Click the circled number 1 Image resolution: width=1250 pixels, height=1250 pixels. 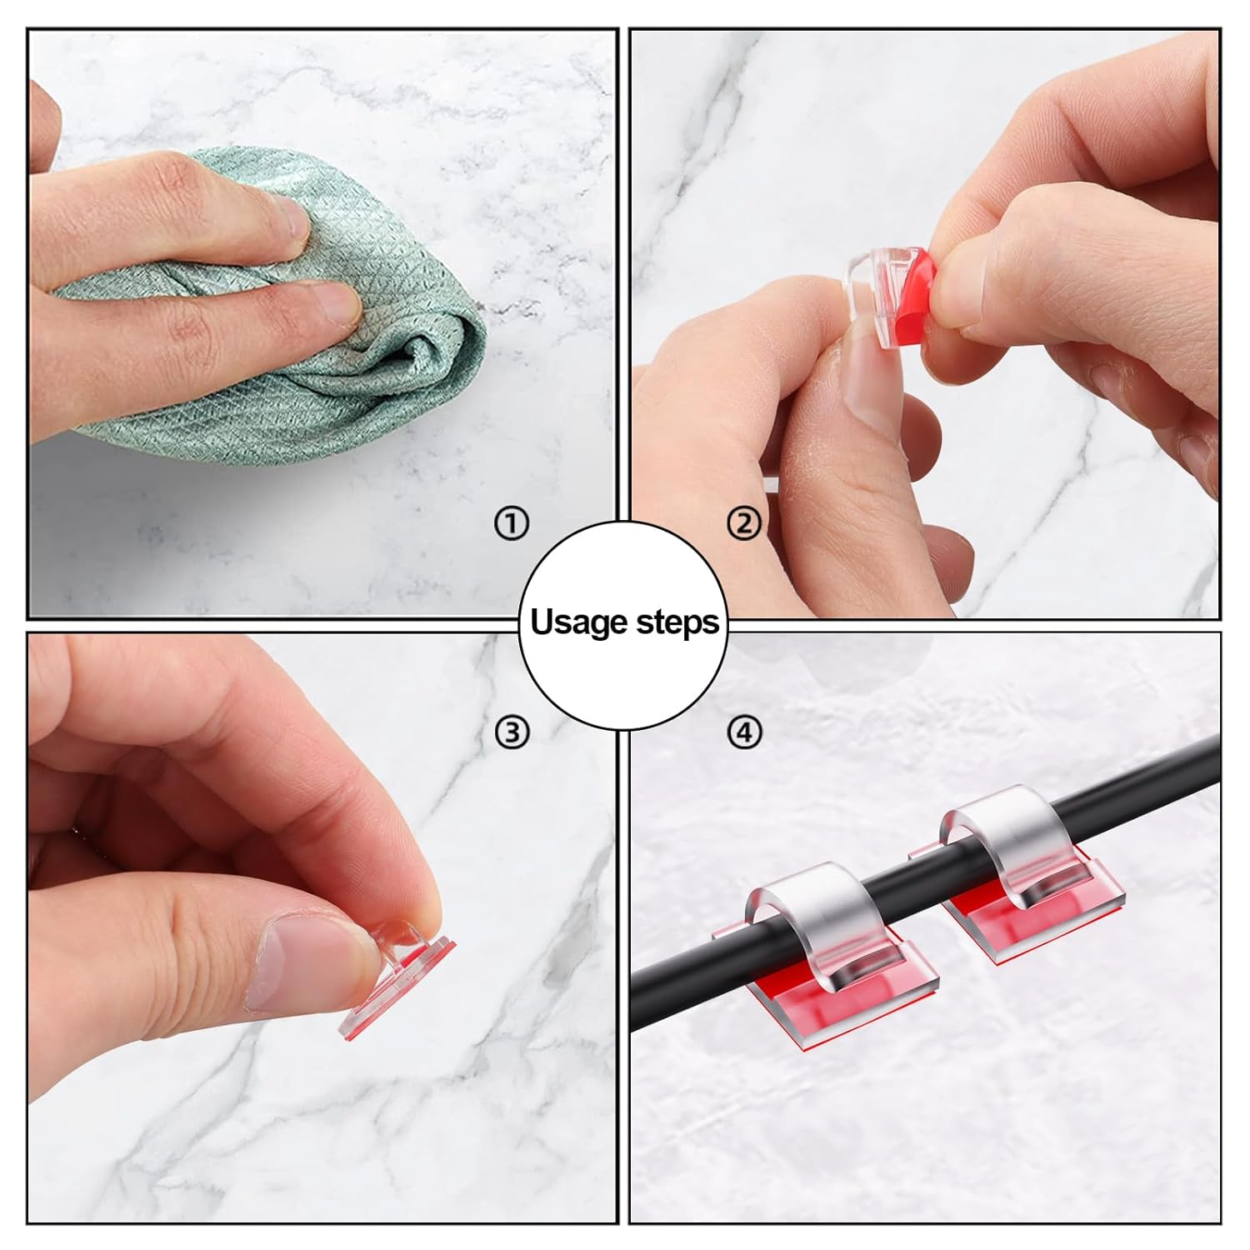point(511,524)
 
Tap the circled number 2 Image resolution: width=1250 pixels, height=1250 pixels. point(744,524)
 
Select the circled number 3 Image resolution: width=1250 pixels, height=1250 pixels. point(511,732)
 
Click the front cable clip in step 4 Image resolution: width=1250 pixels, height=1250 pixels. point(825,925)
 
